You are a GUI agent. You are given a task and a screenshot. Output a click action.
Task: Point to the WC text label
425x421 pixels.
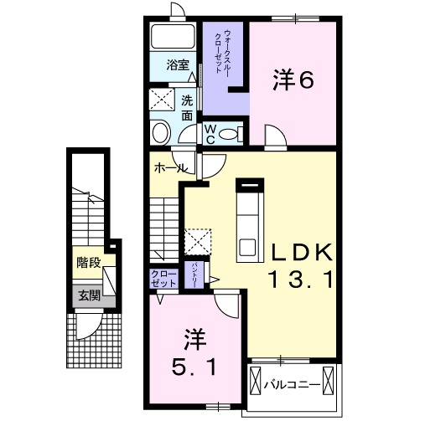click(211, 134)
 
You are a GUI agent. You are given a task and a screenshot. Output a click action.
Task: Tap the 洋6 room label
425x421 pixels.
click(293, 80)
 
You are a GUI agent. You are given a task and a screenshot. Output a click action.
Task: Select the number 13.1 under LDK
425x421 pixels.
click(301, 280)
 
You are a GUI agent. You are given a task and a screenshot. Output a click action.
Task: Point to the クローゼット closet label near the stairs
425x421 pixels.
click(163, 279)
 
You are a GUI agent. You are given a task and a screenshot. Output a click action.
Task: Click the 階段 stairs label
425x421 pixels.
click(89, 263)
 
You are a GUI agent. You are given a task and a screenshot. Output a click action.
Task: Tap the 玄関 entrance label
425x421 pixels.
click(89, 295)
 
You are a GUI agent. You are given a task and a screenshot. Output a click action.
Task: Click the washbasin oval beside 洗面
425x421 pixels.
click(158, 132)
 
